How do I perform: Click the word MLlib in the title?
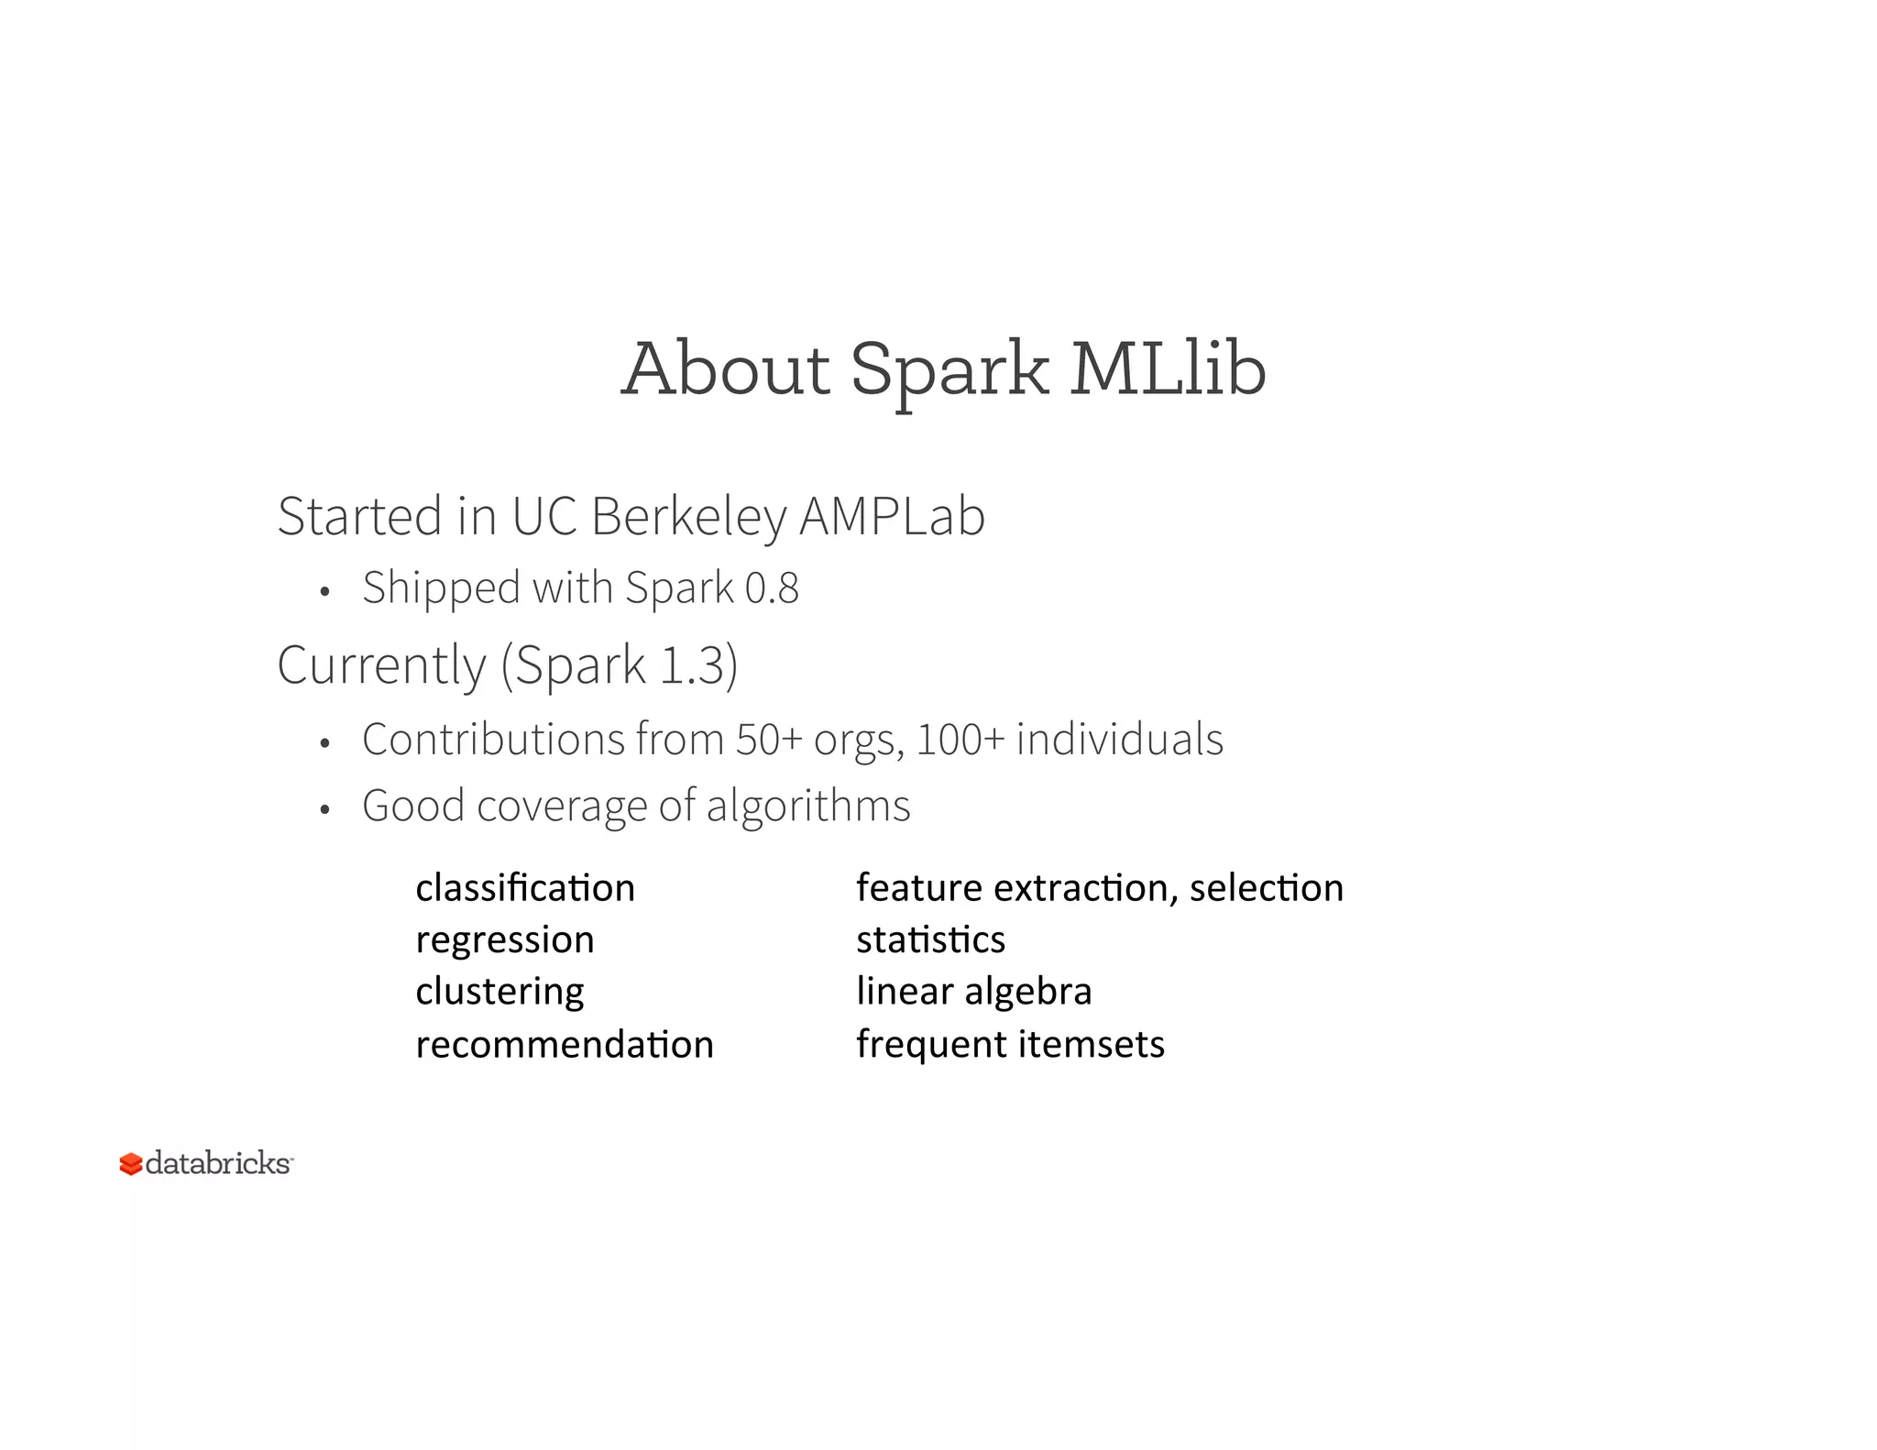1169,368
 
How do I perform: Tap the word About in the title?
725,368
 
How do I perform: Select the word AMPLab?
892,516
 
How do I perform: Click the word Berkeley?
688,516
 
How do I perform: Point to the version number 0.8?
772,588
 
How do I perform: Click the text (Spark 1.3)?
620,665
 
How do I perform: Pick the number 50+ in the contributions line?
769,739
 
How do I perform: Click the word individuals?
1119,739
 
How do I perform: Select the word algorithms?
808,806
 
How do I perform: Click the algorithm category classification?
525,888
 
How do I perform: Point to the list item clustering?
499,992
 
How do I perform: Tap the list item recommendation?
565,1045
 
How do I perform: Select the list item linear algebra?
974,992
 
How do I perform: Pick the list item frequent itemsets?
1010,1045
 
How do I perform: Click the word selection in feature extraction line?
1267,888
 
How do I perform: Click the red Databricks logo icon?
131,1164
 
